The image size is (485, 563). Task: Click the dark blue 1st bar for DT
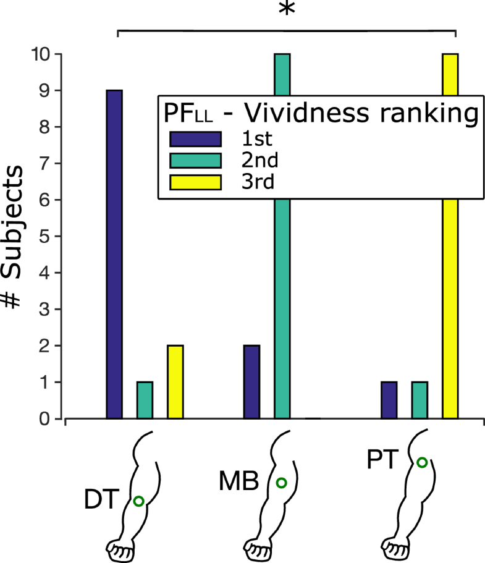114,254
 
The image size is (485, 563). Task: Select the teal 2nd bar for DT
145,400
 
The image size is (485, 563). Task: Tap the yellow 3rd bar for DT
175,382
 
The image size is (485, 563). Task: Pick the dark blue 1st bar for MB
252,382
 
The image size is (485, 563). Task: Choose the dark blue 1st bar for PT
389,400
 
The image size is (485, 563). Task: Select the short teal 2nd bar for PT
420,400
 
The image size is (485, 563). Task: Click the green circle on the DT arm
138,502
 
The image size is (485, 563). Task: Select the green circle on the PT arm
422,462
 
